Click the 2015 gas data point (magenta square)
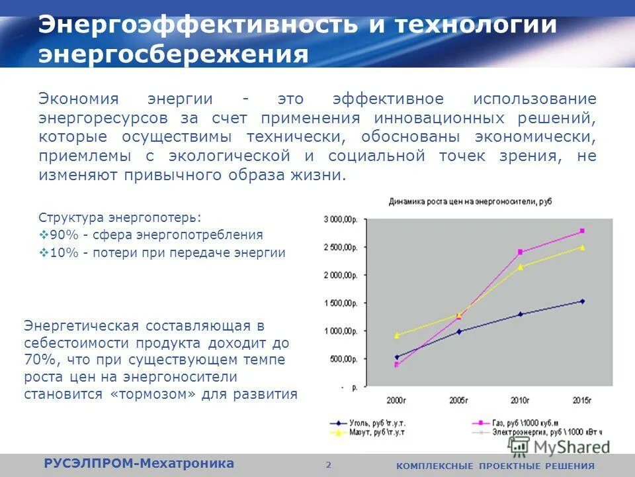point(582,231)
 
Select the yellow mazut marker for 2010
point(520,267)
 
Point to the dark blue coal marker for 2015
point(582,301)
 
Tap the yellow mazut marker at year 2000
point(396,335)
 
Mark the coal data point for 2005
point(458,331)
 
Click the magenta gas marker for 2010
point(520,252)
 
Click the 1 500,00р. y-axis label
point(344,303)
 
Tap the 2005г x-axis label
point(458,400)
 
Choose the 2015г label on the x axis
point(582,400)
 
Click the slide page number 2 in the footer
point(328,464)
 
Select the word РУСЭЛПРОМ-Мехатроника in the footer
point(139,463)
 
